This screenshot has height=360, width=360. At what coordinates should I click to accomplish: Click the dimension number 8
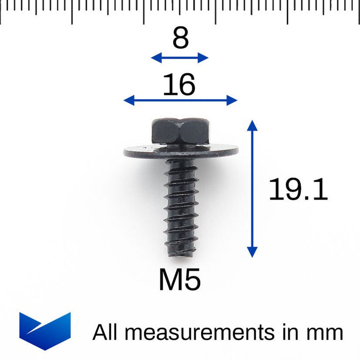(180, 39)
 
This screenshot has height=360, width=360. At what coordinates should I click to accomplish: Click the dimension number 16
(179, 85)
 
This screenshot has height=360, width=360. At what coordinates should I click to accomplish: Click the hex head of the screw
(180, 131)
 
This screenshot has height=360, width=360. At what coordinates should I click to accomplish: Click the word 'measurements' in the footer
(201, 333)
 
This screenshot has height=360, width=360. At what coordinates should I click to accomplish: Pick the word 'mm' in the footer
(325, 333)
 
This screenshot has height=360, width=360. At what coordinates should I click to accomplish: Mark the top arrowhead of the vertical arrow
(252, 124)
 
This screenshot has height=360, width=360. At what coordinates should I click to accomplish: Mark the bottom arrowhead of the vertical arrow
(252, 252)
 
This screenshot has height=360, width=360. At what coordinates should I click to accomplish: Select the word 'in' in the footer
(291, 333)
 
